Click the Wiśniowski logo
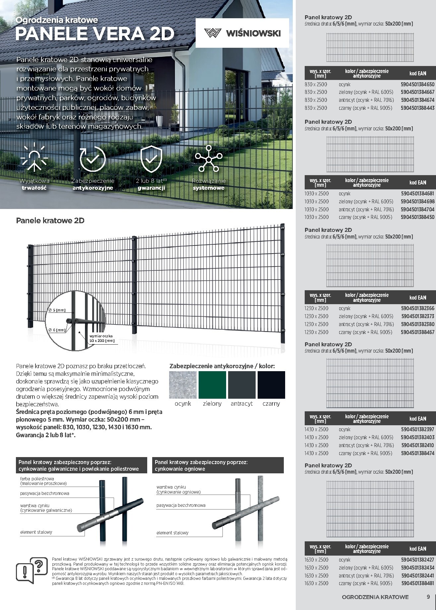coord(242,33)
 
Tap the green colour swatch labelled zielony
coord(212,385)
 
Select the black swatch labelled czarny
coord(271,385)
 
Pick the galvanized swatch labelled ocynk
coord(183,385)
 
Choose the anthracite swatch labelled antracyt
coord(242,385)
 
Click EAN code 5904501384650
coord(417,85)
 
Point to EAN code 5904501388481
coord(417,583)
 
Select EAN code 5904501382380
coord(417,324)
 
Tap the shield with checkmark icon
coord(151,159)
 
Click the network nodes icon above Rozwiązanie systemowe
coord(209,159)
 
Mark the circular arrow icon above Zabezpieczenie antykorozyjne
coord(93,159)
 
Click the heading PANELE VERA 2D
coord(95,34)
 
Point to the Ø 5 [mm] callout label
coord(57,310)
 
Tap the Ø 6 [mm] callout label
coord(57,330)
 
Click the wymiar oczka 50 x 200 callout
coord(102,338)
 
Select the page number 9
coord(428,597)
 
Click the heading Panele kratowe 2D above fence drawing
coord(50,221)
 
